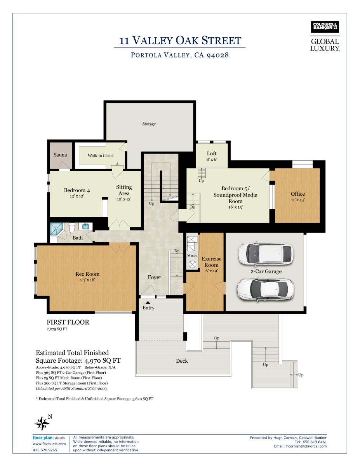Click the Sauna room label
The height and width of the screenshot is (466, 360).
click(60, 155)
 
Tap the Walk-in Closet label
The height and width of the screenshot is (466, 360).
click(101, 155)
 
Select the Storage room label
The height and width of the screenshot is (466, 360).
click(149, 124)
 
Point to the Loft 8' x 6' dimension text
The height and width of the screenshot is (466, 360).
click(212, 159)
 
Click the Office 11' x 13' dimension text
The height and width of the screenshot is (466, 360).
click(298, 200)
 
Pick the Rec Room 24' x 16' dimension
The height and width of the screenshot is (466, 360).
click(87, 280)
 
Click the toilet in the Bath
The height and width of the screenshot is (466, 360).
click(71, 228)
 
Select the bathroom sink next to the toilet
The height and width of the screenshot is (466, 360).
click(85, 226)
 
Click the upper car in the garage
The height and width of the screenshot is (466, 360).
click(266, 254)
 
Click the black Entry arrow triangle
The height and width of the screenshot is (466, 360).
click(148, 303)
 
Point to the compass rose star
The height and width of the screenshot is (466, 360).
click(42, 423)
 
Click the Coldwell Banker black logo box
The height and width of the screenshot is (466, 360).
click(325, 27)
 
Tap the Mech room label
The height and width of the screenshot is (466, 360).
click(192, 256)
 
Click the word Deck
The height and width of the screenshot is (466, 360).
click(182, 361)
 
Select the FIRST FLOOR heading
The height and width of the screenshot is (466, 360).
click(68, 322)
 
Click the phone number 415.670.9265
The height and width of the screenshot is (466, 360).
click(45, 450)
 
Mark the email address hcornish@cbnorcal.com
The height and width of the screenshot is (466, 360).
click(306, 446)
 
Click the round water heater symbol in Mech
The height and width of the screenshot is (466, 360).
click(192, 264)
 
